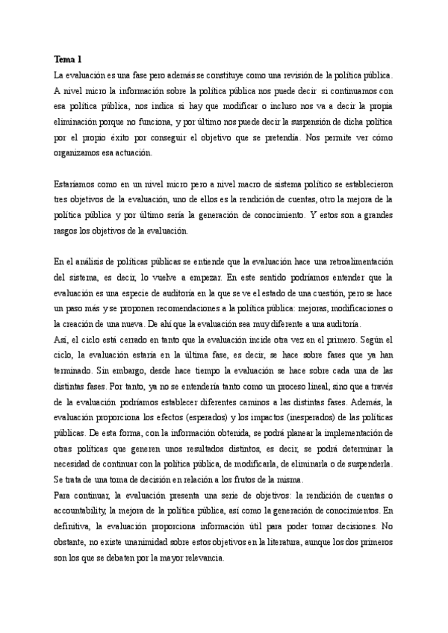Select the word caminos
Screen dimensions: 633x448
click(x=254, y=402)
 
